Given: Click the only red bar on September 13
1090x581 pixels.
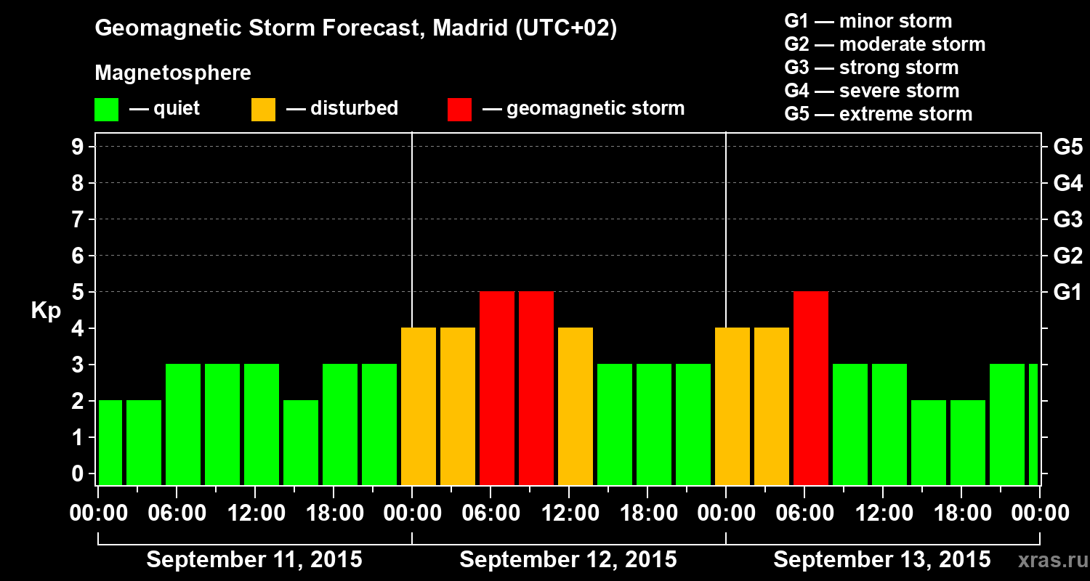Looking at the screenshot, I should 811,388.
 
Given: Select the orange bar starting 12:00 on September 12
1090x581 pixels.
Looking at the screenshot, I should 576,406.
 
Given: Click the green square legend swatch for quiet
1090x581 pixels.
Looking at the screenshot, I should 107,110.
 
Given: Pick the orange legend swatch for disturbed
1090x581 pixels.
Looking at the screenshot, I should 264,110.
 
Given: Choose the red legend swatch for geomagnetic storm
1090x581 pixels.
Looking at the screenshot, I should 460,110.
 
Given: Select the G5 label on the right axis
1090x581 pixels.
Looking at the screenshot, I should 1067,147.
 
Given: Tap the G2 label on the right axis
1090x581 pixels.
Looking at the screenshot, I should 1067,256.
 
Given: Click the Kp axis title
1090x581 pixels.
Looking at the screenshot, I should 46,311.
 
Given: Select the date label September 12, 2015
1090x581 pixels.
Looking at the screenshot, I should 568,560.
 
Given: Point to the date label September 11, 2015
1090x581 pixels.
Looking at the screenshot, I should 254,560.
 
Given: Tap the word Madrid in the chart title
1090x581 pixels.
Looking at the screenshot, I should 468,29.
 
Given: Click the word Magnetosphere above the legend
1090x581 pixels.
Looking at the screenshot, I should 173,73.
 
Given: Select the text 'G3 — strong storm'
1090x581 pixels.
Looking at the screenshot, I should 871,68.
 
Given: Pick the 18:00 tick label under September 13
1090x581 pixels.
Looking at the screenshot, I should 961,513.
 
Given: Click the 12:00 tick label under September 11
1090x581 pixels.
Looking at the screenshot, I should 257,513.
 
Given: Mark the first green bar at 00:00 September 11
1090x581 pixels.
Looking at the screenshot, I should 110,442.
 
